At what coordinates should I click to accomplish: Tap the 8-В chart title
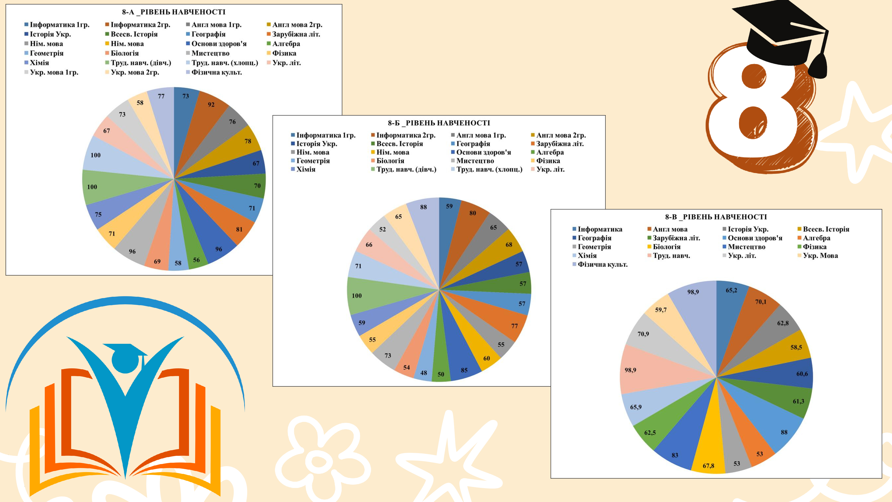point(716,217)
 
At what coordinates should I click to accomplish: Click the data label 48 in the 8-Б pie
point(423,373)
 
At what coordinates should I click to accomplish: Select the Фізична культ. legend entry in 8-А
point(216,73)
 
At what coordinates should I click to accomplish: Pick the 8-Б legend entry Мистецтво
point(475,161)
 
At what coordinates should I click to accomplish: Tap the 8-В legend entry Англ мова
point(670,229)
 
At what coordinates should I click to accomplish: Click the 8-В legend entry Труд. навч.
point(671,256)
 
